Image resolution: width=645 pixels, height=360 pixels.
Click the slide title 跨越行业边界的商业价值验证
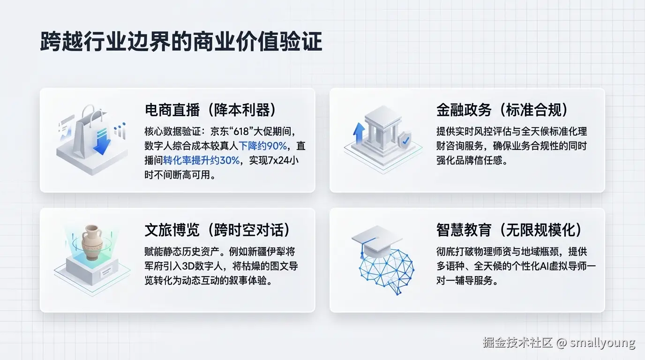[x=181, y=42]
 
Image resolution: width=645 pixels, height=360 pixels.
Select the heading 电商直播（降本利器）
[x=210, y=110]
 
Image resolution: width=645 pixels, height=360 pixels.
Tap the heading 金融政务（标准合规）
[x=502, y=110]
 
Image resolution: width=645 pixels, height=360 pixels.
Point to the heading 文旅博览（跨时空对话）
[x=217, y=230]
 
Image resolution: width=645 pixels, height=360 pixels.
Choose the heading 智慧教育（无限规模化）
[x=510, y=230]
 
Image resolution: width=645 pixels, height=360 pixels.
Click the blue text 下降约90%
[x=262, y=146]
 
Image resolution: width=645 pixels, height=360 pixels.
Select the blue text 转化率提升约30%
[x=201, y=160]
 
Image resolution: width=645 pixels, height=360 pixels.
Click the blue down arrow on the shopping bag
[x=102, y=143]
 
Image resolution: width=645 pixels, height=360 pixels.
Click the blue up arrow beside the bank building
[x=359, y=133]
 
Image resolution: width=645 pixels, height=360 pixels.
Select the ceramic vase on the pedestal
[x=92, y=242]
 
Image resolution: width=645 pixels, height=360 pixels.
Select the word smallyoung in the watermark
[x=602, y=343]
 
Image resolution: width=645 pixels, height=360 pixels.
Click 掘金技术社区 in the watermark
[x=517, y=343]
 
